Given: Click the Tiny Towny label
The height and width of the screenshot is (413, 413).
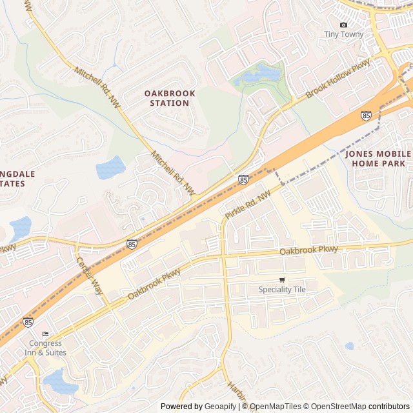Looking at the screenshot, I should pos(343,34).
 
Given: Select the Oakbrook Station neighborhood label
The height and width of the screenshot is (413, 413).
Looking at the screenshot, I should pos(169,98).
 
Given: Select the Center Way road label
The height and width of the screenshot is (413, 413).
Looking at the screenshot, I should pos(90,276).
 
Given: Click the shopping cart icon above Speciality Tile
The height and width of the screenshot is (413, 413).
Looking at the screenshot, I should pos(282,280).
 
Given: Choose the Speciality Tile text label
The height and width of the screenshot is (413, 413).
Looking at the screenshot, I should pos(282,290).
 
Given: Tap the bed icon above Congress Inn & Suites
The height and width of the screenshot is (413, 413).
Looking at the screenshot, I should pos(45,334).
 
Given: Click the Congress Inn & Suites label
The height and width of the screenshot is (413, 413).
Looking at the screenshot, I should pos(45,348).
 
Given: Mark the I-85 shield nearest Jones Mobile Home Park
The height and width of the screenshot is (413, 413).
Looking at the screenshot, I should pos(366,116).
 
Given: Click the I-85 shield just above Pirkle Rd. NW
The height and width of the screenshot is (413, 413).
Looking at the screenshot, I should pos(243,179).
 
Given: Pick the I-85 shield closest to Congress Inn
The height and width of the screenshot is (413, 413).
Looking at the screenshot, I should pos(28,321).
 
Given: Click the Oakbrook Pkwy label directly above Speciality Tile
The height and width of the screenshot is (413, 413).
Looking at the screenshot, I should pos(308,250).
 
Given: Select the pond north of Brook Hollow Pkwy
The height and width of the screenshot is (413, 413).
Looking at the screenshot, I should pos(257,76).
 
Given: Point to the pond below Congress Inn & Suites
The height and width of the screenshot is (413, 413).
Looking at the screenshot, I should pos(60,381).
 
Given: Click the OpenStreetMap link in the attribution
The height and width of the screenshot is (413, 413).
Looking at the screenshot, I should pos(336,407).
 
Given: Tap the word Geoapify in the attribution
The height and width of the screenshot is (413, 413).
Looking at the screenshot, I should pos(220,407).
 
